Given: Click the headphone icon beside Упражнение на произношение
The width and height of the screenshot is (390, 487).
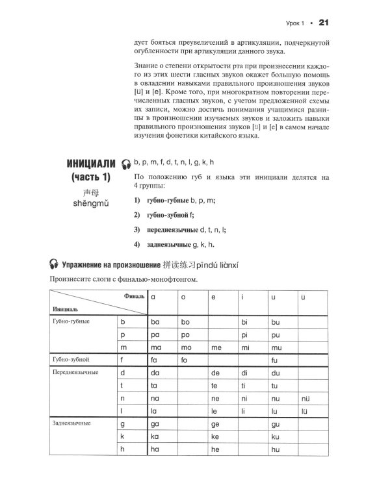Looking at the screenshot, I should click(x=55, y=264).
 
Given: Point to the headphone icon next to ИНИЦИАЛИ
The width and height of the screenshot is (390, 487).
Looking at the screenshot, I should click(x=126, y=164).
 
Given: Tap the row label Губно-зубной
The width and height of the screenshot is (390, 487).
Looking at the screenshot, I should click(x=71, y=359).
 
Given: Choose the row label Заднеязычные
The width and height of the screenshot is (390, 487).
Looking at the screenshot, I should click(x=72, y=423).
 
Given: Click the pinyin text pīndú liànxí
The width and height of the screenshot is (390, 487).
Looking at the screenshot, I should click(x=246, y=264).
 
